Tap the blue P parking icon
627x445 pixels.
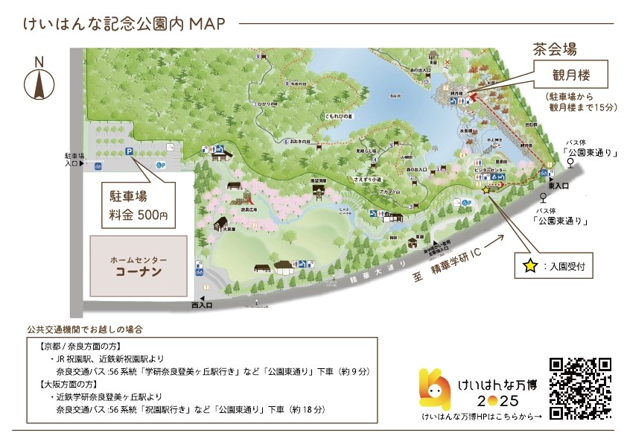point(129,151)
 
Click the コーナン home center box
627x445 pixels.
point(139,267)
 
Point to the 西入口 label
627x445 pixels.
point(202,306)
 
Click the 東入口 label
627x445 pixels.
point(558,186)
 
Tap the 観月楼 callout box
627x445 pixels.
point(570,75)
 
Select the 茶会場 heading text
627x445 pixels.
point(555,50)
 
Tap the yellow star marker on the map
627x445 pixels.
point(486,191)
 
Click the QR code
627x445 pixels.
point(580,388)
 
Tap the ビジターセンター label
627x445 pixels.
point(489,171)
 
